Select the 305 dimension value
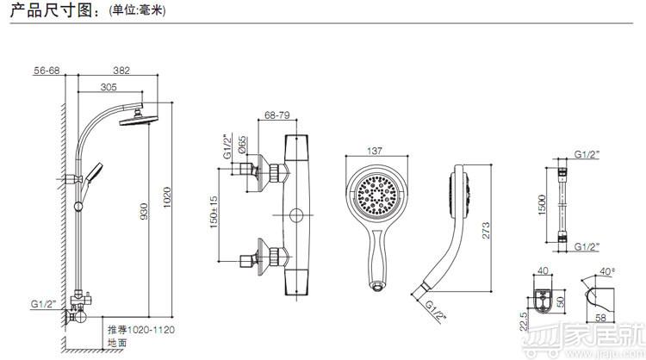[x=109, y=87]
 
